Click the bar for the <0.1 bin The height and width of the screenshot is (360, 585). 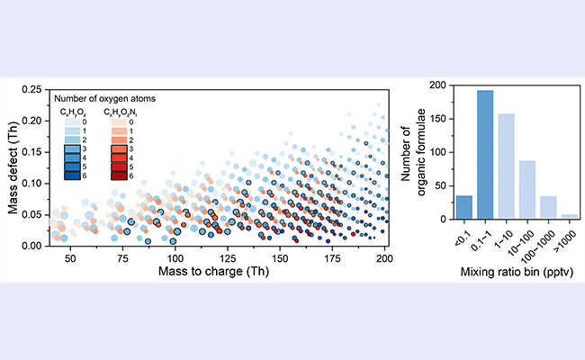pyautogui.click(x=464, y=208)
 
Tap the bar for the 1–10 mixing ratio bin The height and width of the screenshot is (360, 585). pyautogui.click(x=508, y=166)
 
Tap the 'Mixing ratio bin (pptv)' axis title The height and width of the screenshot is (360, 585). pyautogui.click(x=517, y=270)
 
